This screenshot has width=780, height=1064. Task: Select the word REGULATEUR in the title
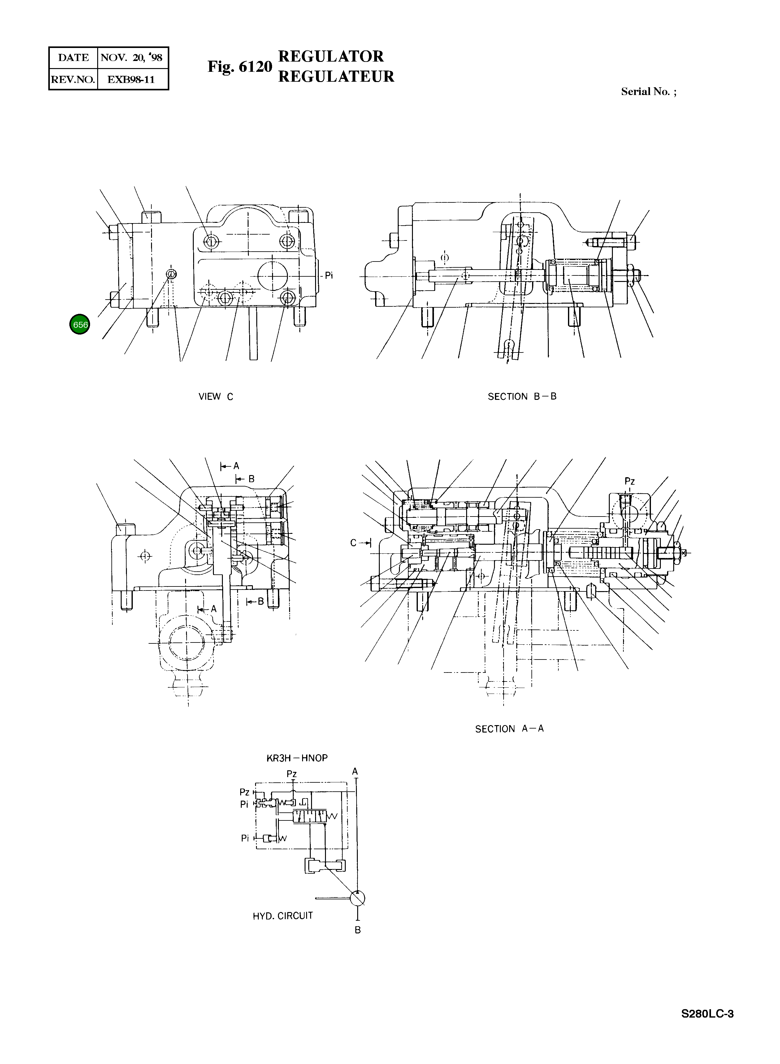click(x=336, y=76)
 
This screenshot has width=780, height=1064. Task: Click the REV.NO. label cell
click(x=73, y=79)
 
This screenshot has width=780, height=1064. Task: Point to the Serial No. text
click(x=648, y=92)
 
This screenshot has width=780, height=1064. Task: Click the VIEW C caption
click(x=216, y=396)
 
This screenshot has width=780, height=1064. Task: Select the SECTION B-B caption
click(x=522, y=396)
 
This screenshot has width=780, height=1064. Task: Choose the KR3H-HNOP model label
click(x=297, y=758)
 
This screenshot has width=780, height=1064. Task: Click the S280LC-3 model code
click(x=707, y=1014)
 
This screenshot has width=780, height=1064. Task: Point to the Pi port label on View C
click(x=329, y=275)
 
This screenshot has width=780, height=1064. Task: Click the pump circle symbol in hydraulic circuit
click(x=357, y=898)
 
